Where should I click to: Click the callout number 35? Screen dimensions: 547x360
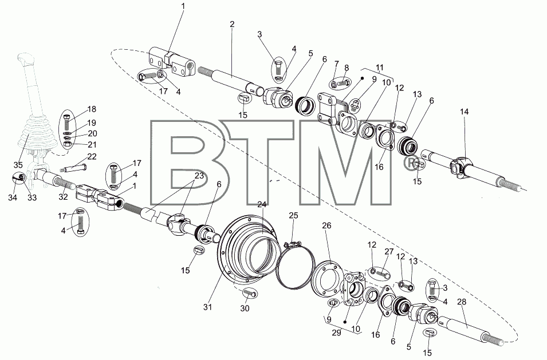[x=18, y=165]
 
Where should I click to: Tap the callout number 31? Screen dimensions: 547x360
[x=207, y=307]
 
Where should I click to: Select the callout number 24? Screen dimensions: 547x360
[x=262, y=204]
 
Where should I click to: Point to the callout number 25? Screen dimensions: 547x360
[x=293, y=216]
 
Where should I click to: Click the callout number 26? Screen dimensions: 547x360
[x=326, y=226]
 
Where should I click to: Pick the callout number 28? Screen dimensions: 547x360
[x=462, y=302]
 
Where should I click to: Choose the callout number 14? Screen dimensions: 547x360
[x=464, y=112]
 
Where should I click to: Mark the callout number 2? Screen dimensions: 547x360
[x=232, y=25]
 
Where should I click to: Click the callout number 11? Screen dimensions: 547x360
[x=380, y=68]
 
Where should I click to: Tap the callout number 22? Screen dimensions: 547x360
[x=92, y=157]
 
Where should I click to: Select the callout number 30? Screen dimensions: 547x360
[x=245, y=308]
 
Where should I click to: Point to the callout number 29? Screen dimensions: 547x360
[x=336, y=333]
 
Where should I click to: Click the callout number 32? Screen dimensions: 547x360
[x=63, y=197]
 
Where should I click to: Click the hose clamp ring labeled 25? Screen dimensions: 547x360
[x=296, y=267]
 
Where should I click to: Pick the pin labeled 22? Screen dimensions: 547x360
[x=74, y=168]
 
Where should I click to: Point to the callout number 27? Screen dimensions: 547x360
[x=389, y=252]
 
